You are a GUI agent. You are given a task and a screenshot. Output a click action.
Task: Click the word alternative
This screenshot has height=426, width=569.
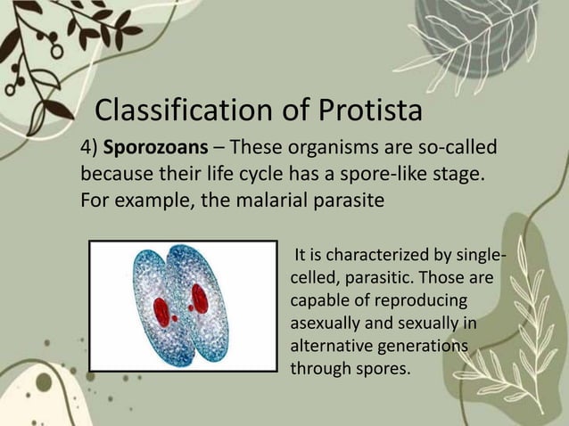click(x=334, y=344)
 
